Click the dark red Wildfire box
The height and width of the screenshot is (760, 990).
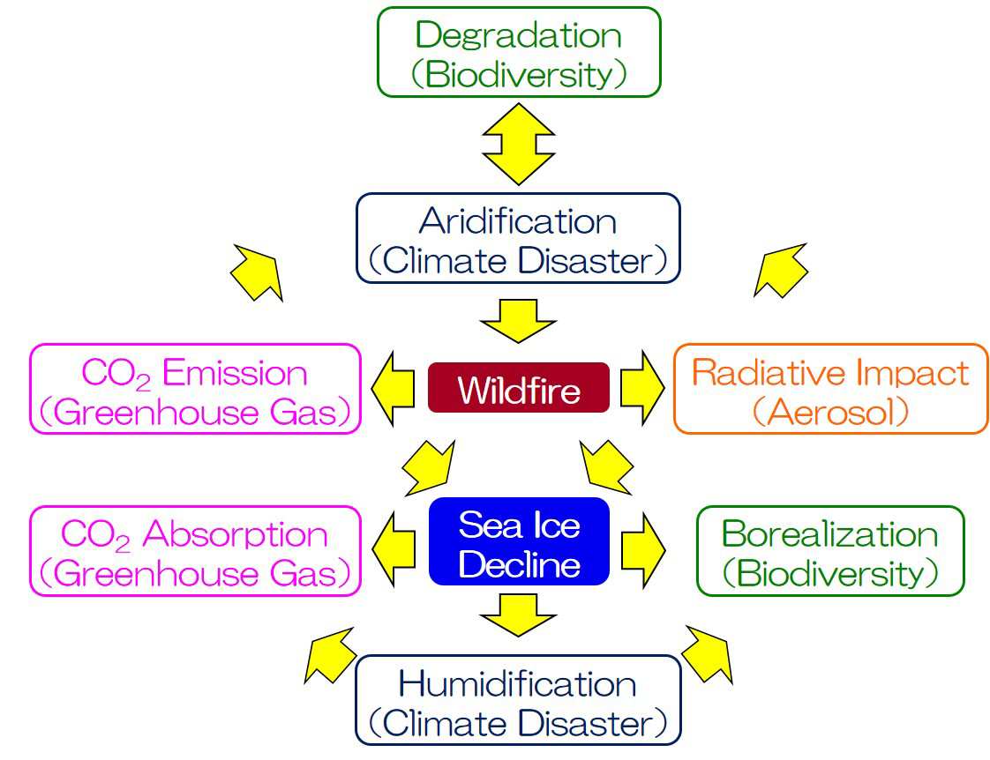[518, 388]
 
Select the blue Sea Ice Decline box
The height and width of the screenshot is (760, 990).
[519, 541]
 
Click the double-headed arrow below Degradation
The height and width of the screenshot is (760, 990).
[518, 145]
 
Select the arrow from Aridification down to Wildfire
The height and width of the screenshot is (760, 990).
[518, 321]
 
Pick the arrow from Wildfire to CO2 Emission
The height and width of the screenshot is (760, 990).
[393, 389]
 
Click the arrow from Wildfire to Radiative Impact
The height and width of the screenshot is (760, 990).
[642, 389]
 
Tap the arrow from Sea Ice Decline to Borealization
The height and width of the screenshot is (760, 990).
[643, 551]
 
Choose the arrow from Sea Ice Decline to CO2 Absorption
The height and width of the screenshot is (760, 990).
[394, 551]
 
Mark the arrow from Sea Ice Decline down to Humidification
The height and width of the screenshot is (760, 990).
[518, 615]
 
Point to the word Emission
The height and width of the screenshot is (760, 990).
[235, 373]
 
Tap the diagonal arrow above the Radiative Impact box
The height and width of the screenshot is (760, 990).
[781, 270]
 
